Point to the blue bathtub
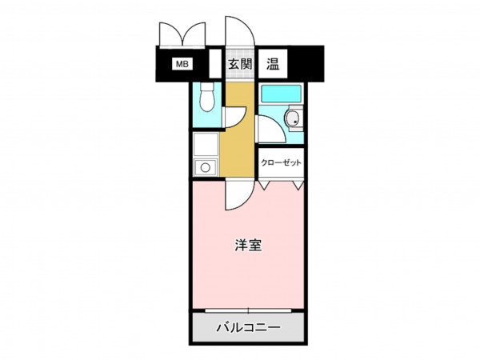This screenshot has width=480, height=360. [x=281, y=94]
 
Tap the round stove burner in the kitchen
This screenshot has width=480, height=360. [x=206, y=168]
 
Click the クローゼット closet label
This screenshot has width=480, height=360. [x=281, y=162]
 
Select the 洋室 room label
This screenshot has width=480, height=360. [x=246, y=246]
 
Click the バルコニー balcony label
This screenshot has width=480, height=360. [x=247, y=327]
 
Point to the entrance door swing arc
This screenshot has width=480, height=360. [x=238, y=32]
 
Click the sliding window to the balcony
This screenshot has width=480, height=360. [x=247, y=310]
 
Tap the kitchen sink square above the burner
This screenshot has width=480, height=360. [x=206, y=146]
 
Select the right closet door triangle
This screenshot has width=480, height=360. [x=298, y=183]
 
